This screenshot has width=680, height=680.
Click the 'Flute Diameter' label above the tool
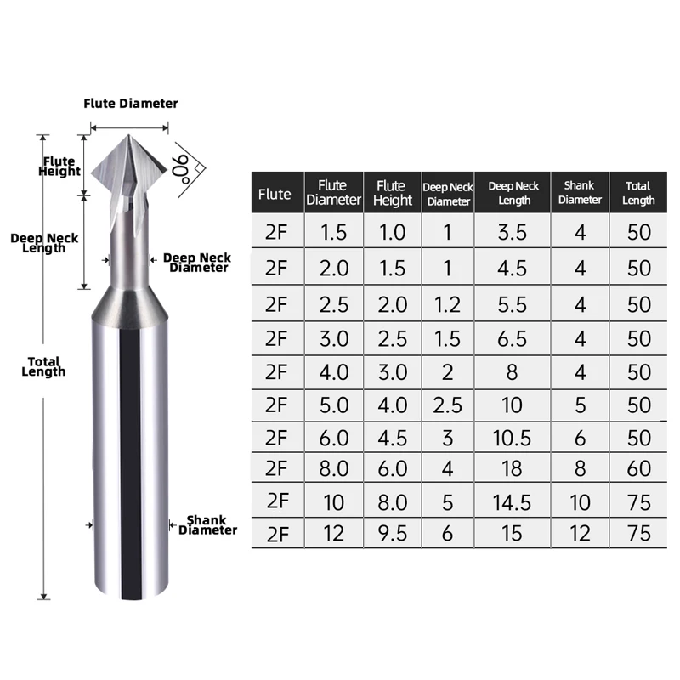point(130,104)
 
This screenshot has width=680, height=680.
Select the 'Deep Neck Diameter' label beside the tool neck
point(195,262)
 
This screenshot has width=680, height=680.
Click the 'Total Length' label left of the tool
point(43,366)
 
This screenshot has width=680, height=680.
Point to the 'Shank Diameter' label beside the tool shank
point(207,524)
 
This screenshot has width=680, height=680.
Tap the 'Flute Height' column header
point(392,194)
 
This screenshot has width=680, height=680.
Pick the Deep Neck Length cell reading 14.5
point(513,501)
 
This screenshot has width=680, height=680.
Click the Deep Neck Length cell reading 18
point(513,468)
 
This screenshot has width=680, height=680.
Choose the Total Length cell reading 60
point(639,468)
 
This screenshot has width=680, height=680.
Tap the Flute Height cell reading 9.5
point(392,534)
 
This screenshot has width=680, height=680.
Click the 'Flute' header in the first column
point(274,195)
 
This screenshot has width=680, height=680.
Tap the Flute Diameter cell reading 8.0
point(333,468)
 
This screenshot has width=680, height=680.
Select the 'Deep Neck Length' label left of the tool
point(44,243)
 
